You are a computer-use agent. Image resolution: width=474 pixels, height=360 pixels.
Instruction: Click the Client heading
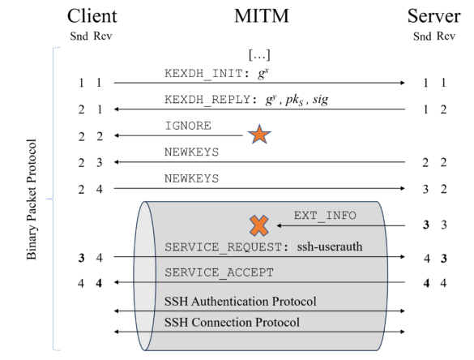click(94, 15)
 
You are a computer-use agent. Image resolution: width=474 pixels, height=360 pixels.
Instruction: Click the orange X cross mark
click(258, 225)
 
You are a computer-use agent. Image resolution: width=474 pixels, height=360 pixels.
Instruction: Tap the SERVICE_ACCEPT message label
click(219, 272)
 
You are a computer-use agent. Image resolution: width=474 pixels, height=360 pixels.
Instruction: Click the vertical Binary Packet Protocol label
click(32, 199)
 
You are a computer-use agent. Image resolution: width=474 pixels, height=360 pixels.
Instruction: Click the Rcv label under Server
click(445, 36)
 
